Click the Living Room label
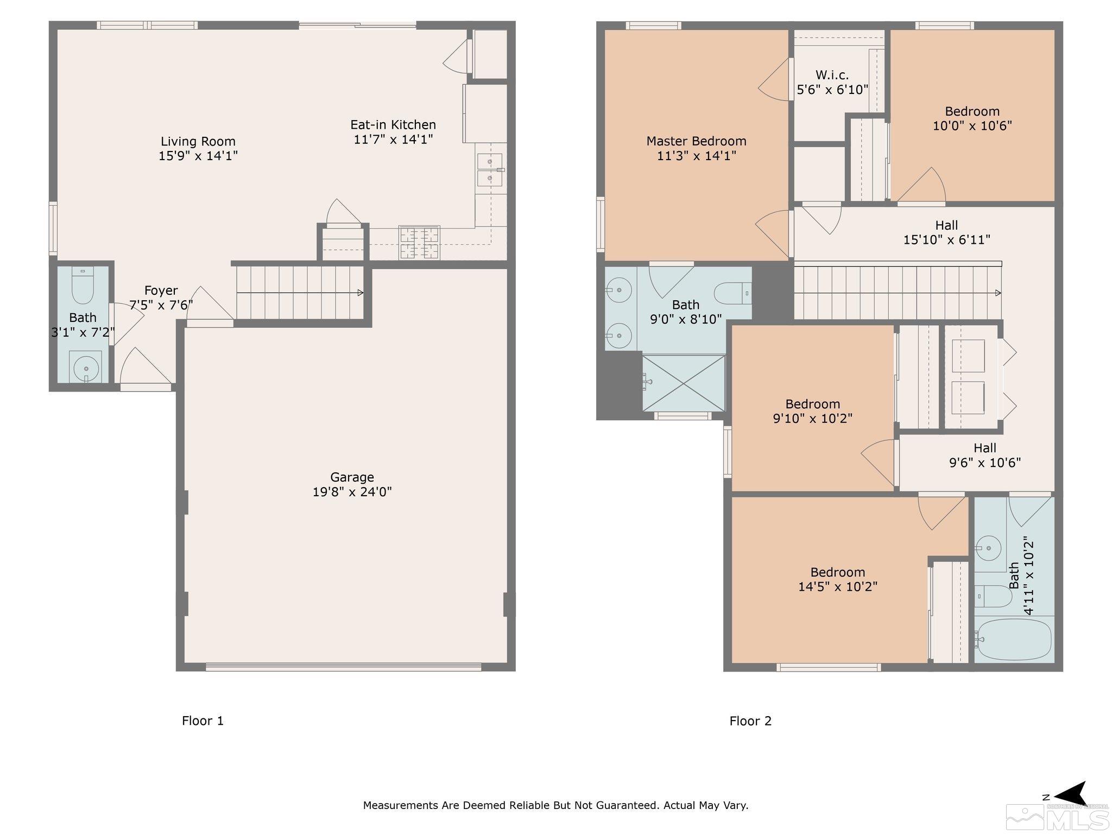point(198,142)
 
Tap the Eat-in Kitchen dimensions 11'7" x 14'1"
point(393,140)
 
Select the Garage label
point(352,477)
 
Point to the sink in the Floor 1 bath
point(85,368)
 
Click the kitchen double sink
point(490,170)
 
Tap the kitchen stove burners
point(419,243)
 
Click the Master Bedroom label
point(696,141)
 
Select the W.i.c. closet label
point(832,75)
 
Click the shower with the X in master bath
point(684,383)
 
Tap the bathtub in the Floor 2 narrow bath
point(1013,640)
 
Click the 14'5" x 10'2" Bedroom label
point(838,572)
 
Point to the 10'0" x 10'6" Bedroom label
point(972,111)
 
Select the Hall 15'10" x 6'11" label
point(946,232)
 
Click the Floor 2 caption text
point(750,721)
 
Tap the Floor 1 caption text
point(203,721)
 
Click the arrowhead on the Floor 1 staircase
point(360,293)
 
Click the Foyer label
point(161,290)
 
